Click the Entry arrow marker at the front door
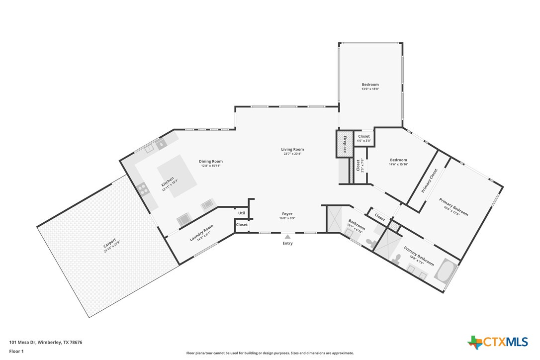(x=287, y=237)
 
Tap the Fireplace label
(x=345, y=144)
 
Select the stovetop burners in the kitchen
(x=143, y=188)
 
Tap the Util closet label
(x=242, y=213)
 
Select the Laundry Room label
(x=201, y=234)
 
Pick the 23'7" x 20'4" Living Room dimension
(x=292, y=154)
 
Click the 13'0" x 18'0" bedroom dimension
(x=370, y=89)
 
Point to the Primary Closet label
(x=430, y=180)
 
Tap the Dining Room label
(x=211, y=161)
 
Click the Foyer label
(x=287, y=214)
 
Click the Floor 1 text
(x=16, y=351)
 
